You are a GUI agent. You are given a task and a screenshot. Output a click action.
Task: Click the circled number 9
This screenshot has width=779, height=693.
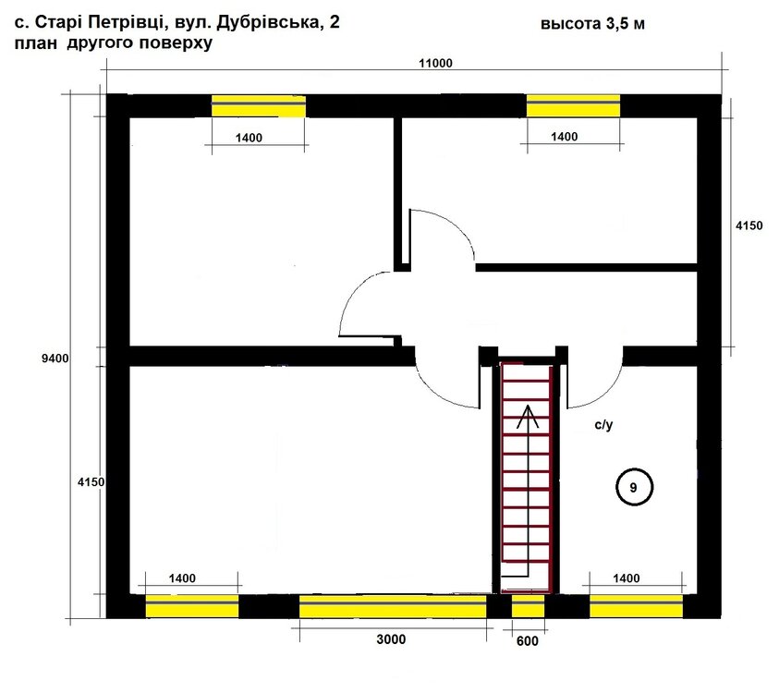pos(634,487)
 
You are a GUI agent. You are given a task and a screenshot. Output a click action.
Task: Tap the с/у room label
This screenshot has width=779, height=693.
pos(603,425)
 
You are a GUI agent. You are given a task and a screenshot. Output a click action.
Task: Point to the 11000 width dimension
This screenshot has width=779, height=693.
pos(435,63)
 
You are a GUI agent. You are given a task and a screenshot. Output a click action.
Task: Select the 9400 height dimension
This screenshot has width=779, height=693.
pos(55,359)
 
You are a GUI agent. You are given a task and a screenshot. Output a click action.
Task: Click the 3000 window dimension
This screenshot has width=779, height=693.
pos(391,638)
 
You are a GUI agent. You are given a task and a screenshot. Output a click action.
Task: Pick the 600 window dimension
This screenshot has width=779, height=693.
pos(527,641)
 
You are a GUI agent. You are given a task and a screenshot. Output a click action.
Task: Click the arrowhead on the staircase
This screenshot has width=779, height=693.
pos(528,417)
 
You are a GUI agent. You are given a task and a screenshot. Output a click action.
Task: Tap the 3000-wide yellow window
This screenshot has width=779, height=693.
pos(393,606)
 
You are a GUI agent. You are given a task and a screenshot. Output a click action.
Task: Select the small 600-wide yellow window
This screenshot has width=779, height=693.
pos(528,606)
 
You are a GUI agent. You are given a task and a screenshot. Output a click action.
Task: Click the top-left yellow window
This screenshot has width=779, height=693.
pos(259,106)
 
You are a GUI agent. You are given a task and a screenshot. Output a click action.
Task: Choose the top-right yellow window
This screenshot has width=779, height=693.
pos(573,105)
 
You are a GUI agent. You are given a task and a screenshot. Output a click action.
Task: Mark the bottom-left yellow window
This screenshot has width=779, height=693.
pos(192,606)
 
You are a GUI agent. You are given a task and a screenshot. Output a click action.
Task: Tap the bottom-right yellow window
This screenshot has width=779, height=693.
pos(636,606)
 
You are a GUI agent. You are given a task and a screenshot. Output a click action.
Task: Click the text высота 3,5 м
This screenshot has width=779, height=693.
pos(592,24)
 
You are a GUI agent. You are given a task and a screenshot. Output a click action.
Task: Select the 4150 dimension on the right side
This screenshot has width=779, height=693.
pos(749,225)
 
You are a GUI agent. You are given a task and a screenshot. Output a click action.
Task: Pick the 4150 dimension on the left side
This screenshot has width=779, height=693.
pos(91,482)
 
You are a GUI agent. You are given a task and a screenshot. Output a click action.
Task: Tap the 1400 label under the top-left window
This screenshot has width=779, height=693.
pos(249,138)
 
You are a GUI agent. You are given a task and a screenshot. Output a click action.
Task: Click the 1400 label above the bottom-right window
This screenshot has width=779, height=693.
pos(626,578)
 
